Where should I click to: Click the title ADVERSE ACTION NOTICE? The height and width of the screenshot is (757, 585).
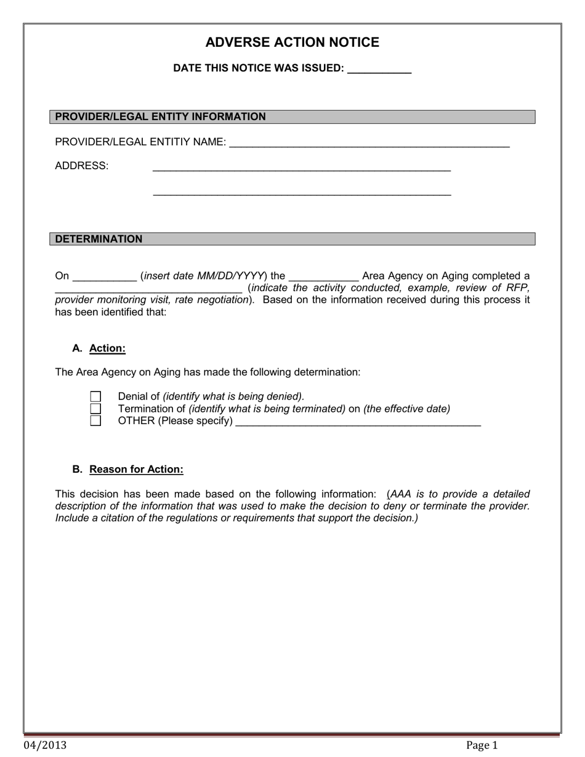(292, 42)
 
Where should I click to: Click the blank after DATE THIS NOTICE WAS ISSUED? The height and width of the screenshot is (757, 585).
(379, 70)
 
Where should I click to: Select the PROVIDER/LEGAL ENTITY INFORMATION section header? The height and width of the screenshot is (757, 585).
(161, 117)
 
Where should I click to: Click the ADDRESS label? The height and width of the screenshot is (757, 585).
(81, 166)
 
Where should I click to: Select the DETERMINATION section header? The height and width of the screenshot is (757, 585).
(99, 239)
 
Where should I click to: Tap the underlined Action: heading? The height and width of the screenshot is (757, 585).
(107, 348)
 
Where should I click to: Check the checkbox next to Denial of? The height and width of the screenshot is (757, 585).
(95, 397)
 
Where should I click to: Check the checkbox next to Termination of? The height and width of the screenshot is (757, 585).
(95, 409)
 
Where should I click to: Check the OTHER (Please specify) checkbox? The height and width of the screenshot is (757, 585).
(95, 421)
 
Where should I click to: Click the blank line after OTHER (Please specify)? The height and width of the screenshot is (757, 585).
(358, 422)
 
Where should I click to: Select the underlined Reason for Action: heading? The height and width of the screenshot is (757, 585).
(136, 470)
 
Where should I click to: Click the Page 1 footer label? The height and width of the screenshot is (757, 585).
(482, 745)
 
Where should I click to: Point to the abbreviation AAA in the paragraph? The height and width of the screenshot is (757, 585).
(401, 494)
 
